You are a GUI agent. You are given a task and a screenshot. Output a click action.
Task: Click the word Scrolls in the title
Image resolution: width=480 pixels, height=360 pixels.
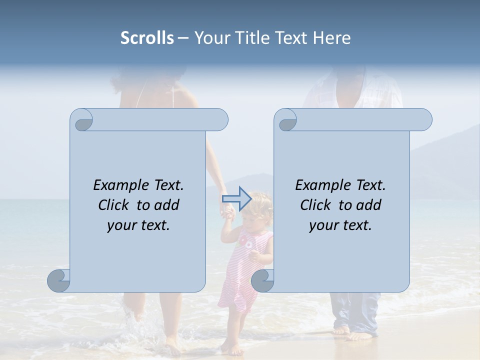147,38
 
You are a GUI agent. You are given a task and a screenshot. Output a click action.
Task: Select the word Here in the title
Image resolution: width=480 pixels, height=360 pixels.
331,38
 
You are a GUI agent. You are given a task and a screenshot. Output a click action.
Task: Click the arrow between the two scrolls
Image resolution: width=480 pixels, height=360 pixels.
236,198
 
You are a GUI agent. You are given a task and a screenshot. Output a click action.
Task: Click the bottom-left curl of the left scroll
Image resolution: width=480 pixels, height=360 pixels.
59,280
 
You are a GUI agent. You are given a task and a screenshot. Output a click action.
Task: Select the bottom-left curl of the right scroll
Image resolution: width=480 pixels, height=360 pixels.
262,280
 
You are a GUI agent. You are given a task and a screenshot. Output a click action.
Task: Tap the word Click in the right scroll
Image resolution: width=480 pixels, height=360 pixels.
316,205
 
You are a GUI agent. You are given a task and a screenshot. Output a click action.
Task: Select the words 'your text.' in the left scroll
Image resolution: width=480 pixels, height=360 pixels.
138,225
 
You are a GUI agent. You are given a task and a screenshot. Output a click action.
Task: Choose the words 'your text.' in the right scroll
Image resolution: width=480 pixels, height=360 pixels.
340,225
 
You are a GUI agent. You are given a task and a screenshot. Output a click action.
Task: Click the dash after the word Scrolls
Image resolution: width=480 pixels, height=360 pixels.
183,38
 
